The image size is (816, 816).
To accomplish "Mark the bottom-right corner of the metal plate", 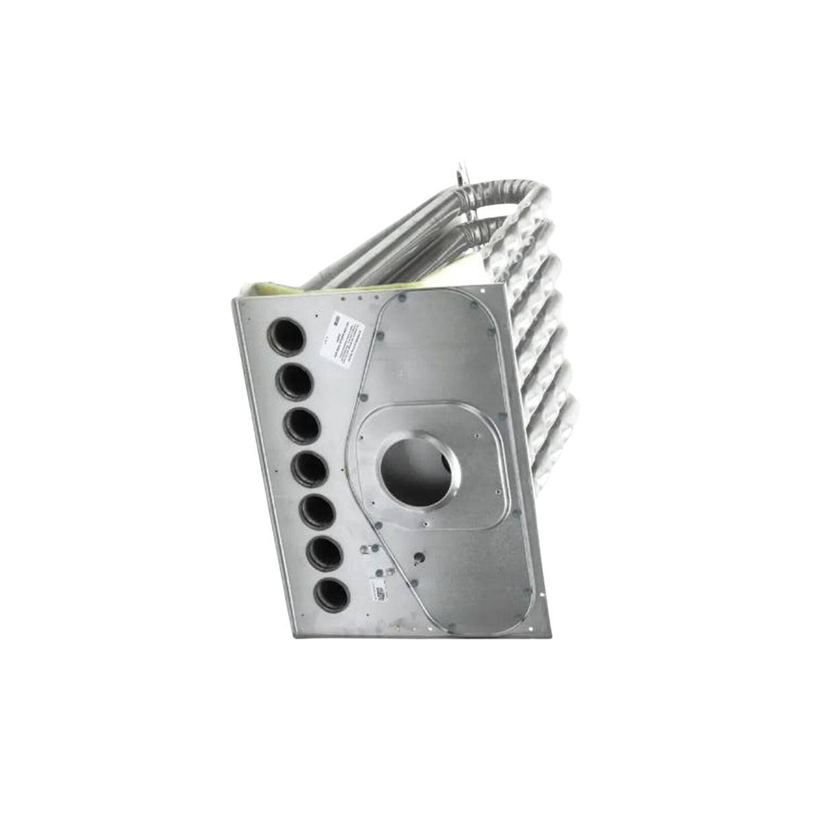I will coord(549,635).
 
